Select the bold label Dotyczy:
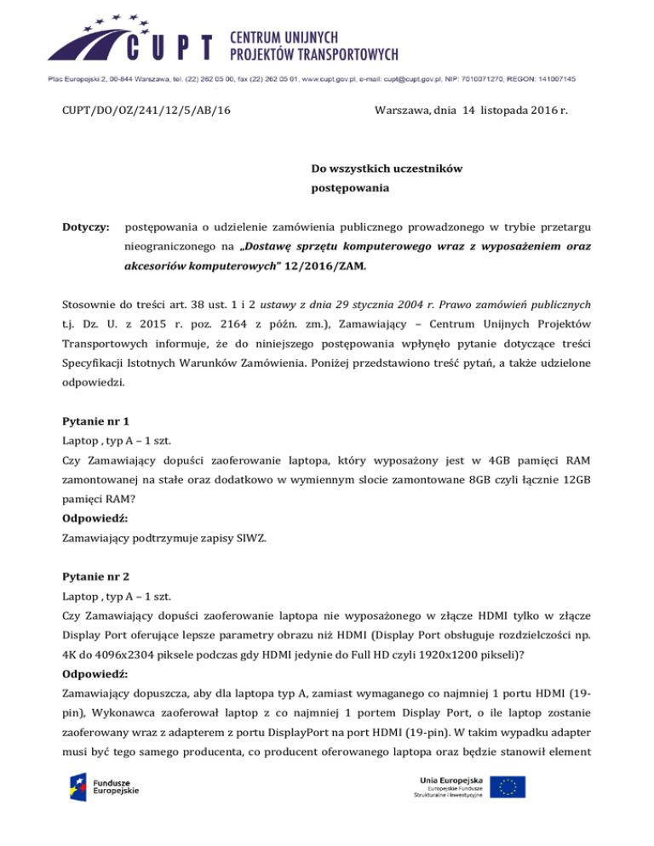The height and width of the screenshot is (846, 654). [x=85, y=227]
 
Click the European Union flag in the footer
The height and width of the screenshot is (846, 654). [x=512, y=786]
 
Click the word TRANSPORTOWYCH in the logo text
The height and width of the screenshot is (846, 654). [x=344, y=56]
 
